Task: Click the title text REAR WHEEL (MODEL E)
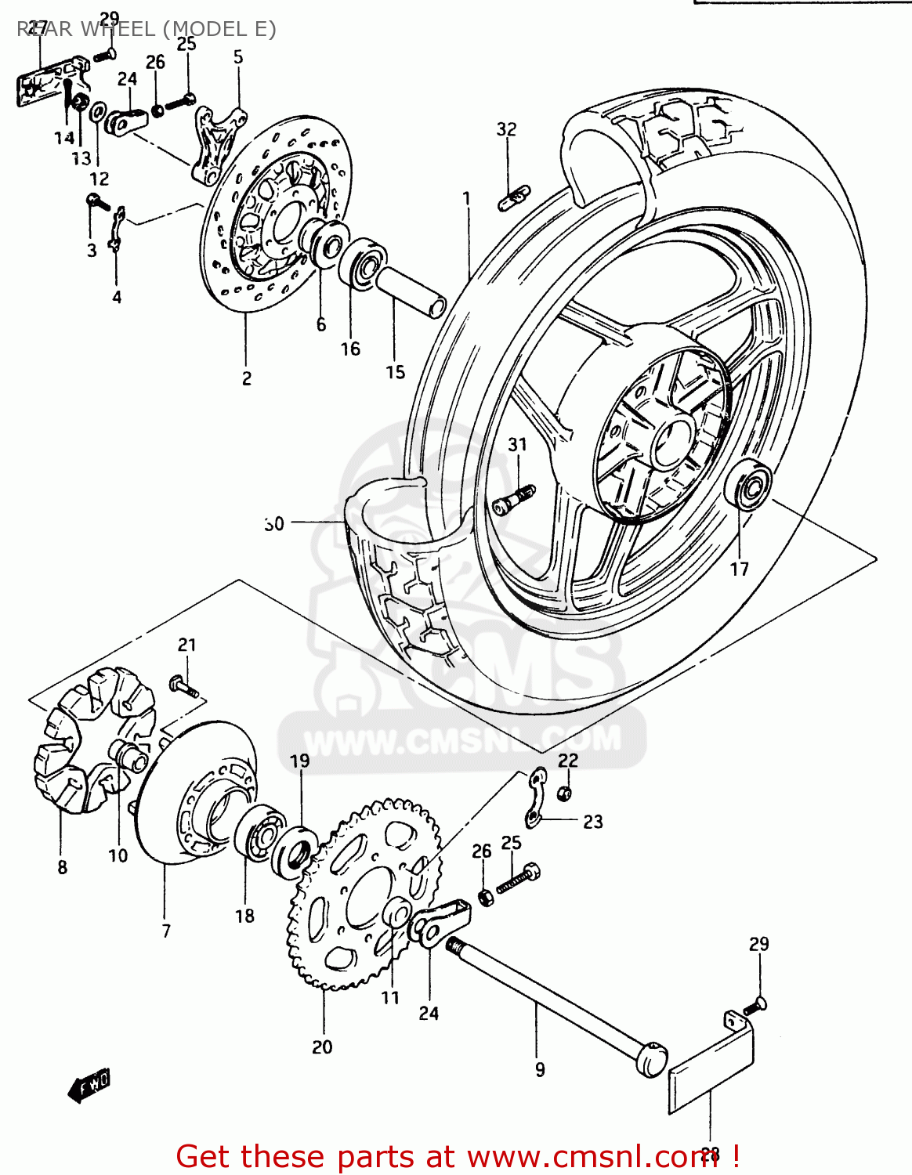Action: (x=147, y=29)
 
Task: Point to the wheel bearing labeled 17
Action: (x=749, y=486)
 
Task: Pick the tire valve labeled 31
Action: (x=514, y=499)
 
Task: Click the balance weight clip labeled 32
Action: (x=514, y=198)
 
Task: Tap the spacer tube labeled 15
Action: (x=411, y=291)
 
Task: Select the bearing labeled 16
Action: (x=363, y=264)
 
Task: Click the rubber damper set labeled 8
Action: (x=92, y=736)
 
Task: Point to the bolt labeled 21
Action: (x=184, y=688)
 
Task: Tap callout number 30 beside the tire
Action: (x=274, y=523)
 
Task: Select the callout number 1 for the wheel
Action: (x=467, y=197)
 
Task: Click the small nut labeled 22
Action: (x=563, y=794)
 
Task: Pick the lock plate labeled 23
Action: (x=536, y=797)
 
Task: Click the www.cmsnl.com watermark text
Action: (x=462, y=739)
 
